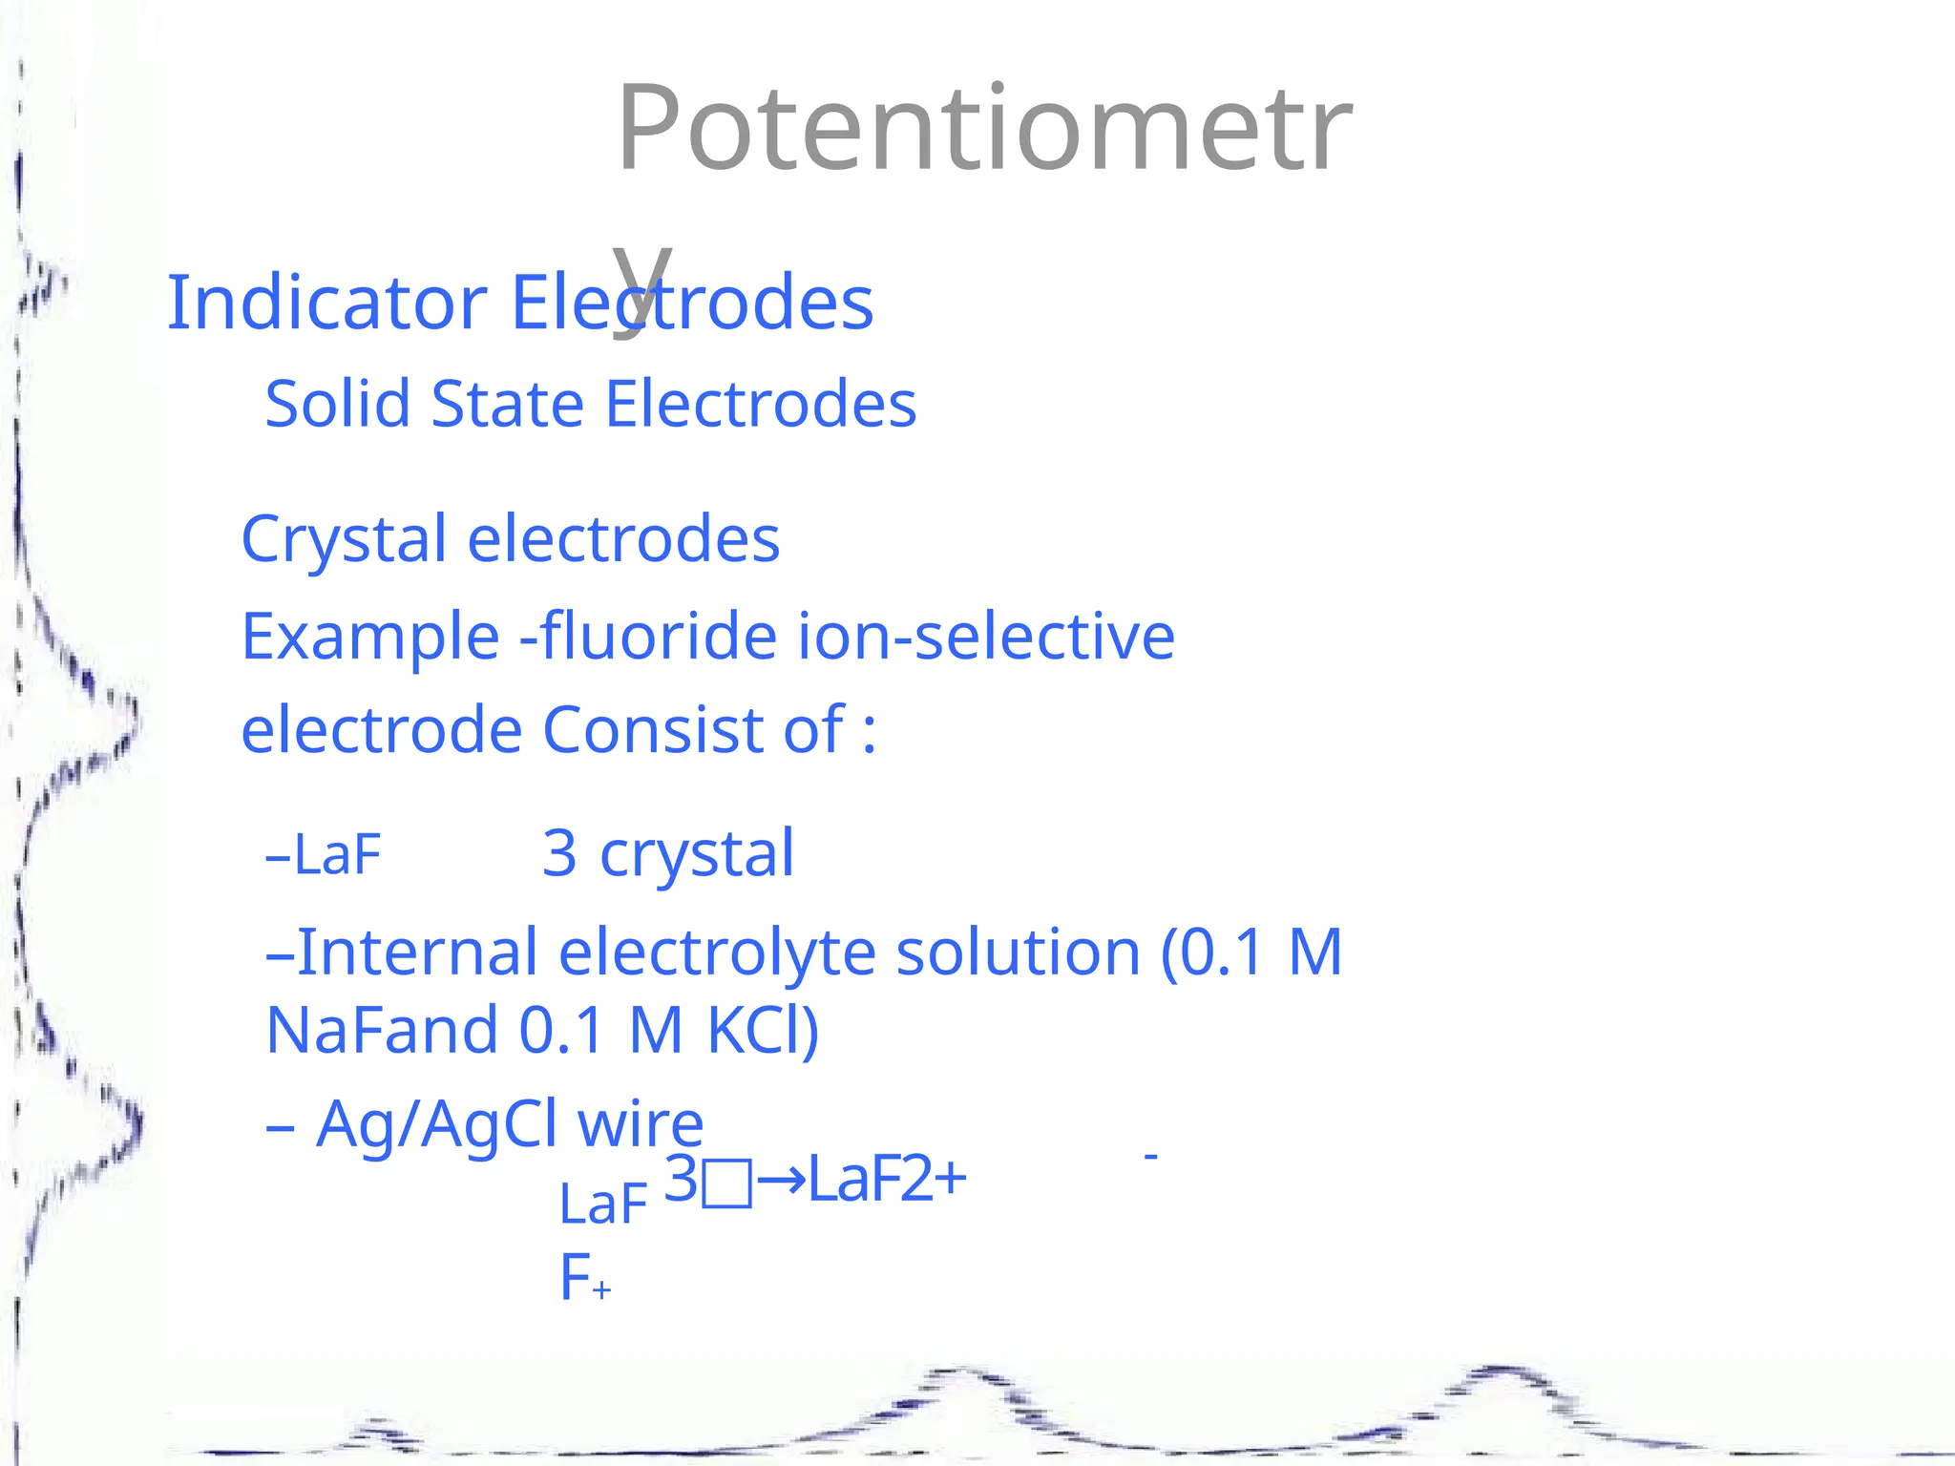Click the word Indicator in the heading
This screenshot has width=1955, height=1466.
(326, 303)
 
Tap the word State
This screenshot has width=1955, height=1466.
(507, 404)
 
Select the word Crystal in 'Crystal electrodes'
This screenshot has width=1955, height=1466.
(344, 539)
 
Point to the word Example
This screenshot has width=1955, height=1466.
(370, 637)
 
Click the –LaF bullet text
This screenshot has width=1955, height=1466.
(324, 854)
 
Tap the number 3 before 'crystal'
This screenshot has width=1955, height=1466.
(559, 852)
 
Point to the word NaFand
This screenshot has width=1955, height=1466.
(382, 1031)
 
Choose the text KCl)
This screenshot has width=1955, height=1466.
(763, 1031)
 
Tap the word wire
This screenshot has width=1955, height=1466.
(641, 1124)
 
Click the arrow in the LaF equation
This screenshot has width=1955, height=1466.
(781, 1181)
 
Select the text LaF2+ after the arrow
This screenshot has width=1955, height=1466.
(887, 1180)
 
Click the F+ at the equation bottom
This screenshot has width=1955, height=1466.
(583, 1278)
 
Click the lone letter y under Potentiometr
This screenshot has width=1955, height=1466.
(641, 282)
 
